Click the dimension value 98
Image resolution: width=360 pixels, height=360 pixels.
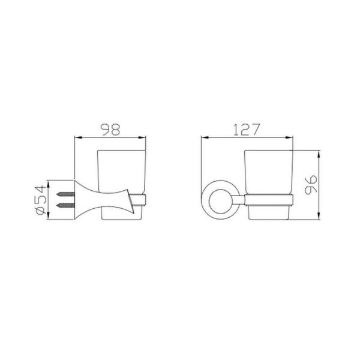[110, 130]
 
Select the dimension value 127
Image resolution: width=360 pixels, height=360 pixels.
[247, 130]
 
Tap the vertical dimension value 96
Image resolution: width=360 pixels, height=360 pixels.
[311, 185]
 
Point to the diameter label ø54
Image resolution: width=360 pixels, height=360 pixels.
[41, 200]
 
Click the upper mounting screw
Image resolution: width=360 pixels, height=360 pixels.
[65, 194]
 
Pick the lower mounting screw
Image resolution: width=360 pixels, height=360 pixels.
[65, 205]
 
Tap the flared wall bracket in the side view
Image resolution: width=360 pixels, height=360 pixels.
[104, 200]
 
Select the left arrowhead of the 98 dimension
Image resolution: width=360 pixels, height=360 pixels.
[79, 137]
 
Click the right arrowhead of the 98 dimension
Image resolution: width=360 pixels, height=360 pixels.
[142, 137]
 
